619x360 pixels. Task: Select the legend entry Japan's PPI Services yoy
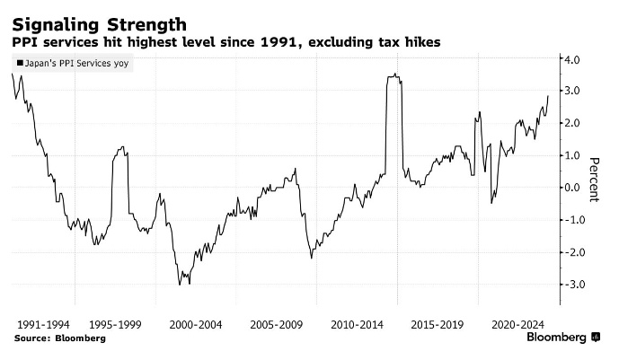[x=75, y=65]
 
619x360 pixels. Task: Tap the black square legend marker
[x=19, y=65]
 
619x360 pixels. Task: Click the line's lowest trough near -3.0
[x=179, y=285]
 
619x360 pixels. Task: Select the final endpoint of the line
[x=548, y=96]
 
